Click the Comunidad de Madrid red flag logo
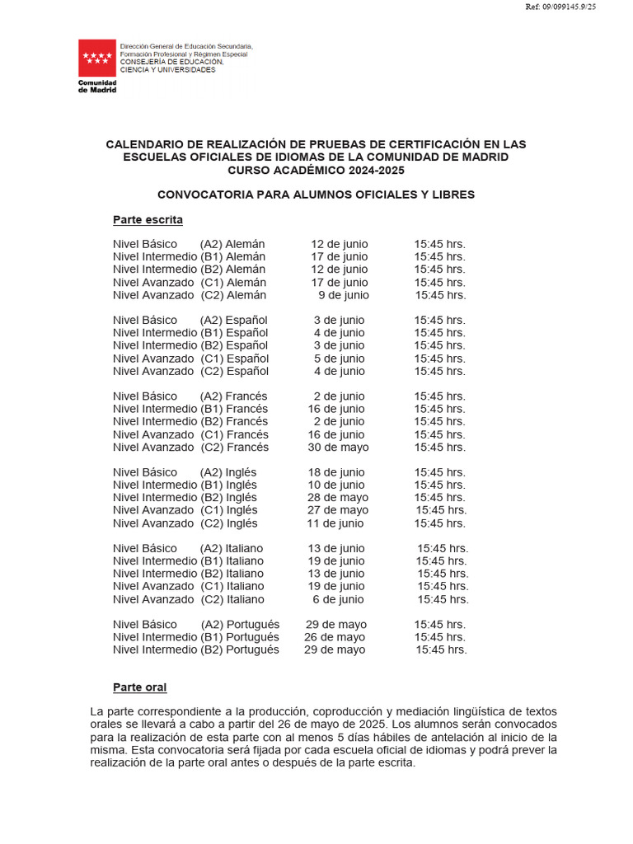point(97,58)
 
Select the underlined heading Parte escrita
point(148,220)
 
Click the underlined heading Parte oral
point(139,687)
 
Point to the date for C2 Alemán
point(344,295)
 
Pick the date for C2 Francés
point(339,448)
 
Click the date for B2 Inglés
point(338,498)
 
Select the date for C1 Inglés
point(338,510)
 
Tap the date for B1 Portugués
point(335,637)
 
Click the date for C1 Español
point(339,359)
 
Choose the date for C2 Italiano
point(338,599)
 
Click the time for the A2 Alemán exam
point(439,244)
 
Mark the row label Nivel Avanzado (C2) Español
point(190,371)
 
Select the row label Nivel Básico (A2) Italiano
point(188,548)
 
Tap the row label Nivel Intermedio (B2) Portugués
point(196,649)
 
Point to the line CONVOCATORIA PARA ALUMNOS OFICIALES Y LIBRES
point(316,195)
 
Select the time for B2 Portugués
point(441,649)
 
